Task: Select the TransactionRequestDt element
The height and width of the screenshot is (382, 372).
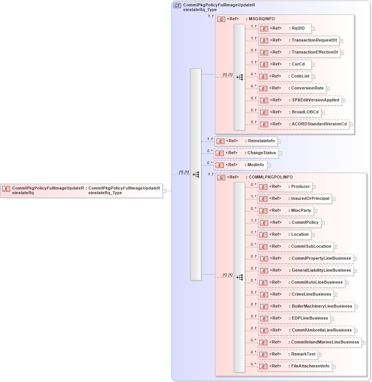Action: (x=298, y=40)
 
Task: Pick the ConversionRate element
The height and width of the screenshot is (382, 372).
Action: (x=292, y=88)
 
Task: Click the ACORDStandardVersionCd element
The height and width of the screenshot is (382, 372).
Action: (x=303, y=124)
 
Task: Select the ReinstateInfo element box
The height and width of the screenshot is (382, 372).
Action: (x=245, y=141)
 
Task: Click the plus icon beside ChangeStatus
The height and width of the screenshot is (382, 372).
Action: (x=280, y=153)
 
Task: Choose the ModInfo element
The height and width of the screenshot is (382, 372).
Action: (x=240, y=165)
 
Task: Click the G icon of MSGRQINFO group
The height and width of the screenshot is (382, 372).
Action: (x=221, y=19)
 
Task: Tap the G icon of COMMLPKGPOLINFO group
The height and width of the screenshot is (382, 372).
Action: (x=221, y=178)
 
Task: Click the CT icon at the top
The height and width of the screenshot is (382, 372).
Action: (x=177, y=6)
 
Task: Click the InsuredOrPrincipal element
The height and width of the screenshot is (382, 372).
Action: (x=294, y=199)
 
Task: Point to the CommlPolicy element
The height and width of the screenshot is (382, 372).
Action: (x=289, y=223)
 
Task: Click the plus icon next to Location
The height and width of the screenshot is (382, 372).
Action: (x=313, y=235)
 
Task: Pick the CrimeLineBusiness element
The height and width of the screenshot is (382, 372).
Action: (x=295, y=294)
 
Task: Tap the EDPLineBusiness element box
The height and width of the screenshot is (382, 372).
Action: (x=294, y=318)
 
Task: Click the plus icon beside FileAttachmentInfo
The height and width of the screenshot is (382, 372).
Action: (x=334, y=367)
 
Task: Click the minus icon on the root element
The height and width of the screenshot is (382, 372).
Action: (x=164, y=191)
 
